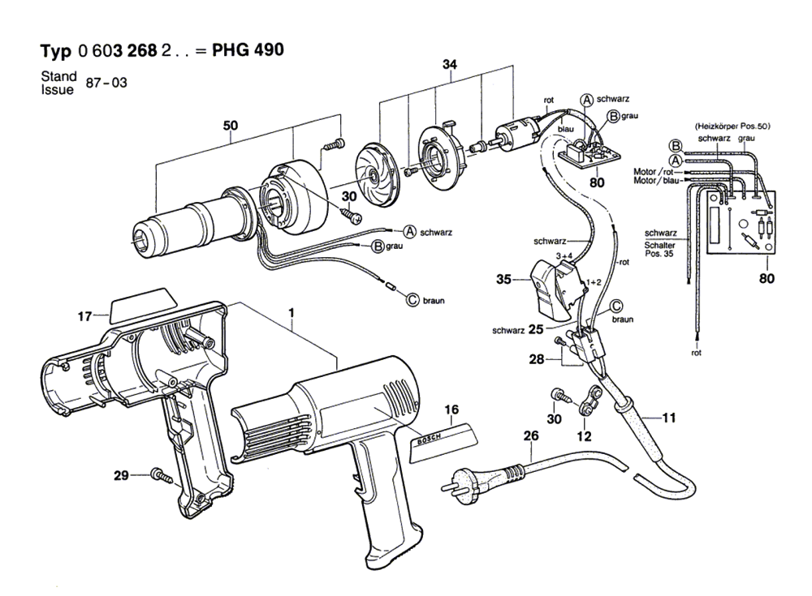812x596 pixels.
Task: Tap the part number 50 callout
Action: (231, 126)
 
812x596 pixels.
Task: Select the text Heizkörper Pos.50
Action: (732, 127)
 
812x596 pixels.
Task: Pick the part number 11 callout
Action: (667, 418)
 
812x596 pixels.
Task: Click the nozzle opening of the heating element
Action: (139, 237)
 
